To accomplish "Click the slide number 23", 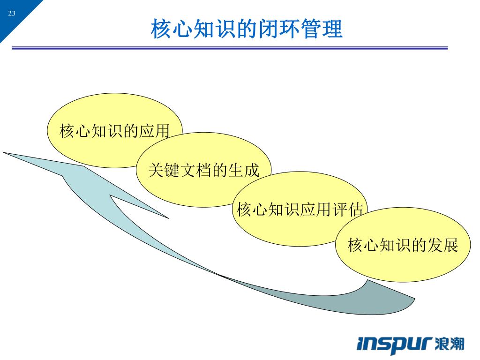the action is [x=12, y=14].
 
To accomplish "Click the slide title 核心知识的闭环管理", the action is [x=247, y=29].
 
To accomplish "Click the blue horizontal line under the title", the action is [x=230, y=48].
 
